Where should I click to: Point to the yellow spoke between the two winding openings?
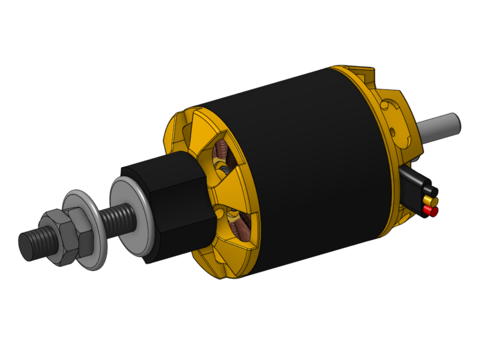click(x=222, y=191)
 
